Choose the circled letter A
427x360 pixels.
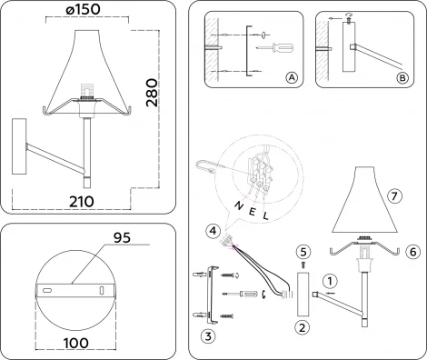coord(291,78)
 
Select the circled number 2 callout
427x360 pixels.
coord(303,325)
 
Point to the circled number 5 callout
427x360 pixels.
coord(303,249)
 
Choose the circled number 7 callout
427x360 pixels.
coord(393,195)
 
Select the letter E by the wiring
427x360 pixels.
coord(250,211)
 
